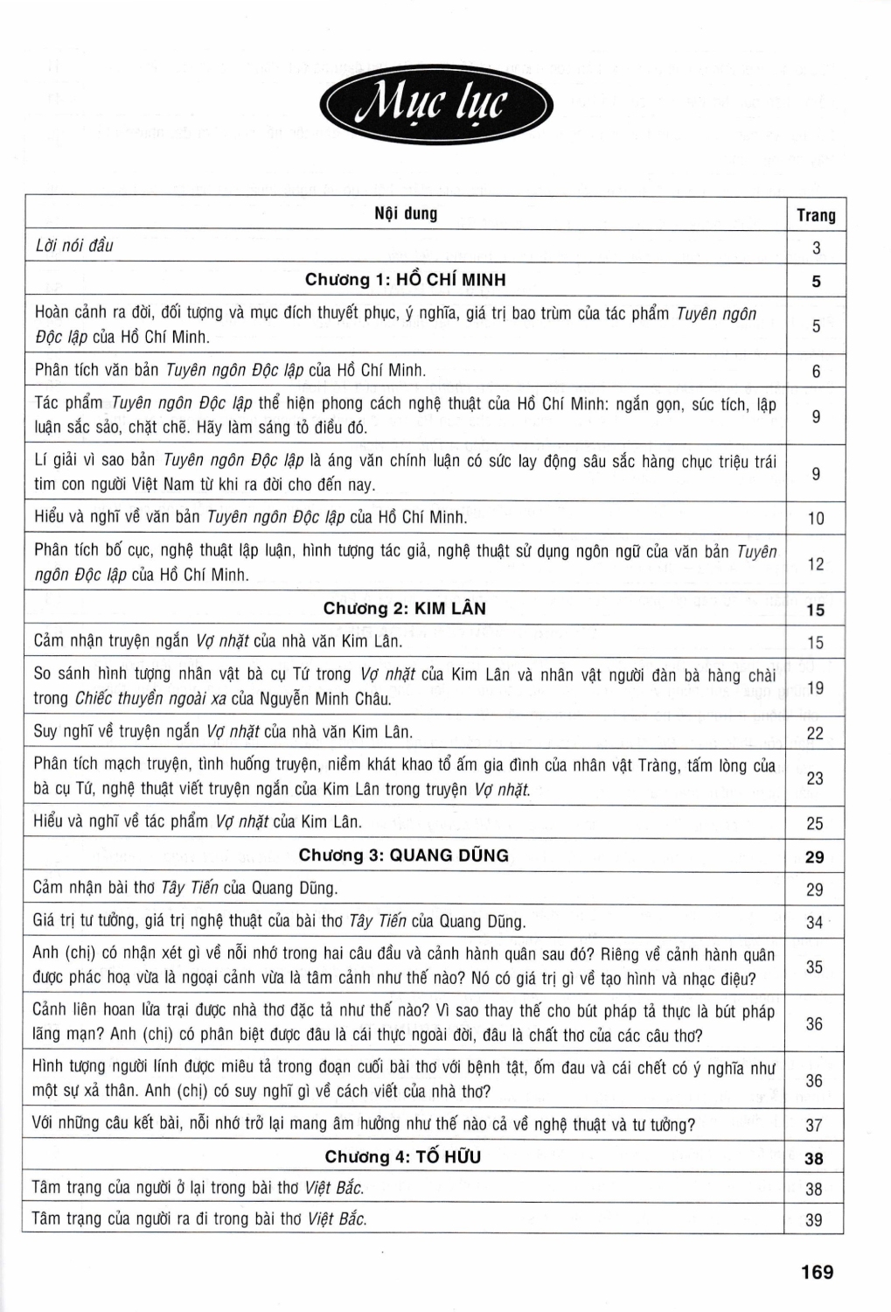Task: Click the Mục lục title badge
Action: click(436, 105)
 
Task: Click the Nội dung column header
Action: click(406, 213)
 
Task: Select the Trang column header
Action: click(816, 215)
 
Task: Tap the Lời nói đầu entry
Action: click(74, 246)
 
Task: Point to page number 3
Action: click(816, 248)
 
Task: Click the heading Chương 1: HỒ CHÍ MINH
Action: click(405, 280)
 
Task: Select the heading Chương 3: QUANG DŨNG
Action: click(403, 855)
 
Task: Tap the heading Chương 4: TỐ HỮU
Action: click(403, 1157)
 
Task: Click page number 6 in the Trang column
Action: click(816, 372)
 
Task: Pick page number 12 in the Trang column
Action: click(816, 564)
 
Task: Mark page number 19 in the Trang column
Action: click(815, 687)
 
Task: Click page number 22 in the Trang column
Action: click(815, 733)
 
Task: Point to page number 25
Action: click(815, 823)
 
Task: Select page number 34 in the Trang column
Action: click(815, 922)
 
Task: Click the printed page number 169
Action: click(817, 1272)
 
